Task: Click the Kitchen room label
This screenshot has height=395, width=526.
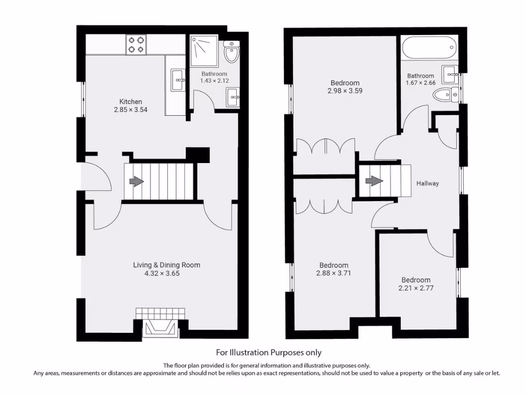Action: (130, 101)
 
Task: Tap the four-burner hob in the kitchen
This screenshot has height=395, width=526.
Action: (136, 45)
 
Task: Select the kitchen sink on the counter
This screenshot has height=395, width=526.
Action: (178, 80)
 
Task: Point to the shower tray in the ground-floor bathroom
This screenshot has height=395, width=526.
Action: (204, 50)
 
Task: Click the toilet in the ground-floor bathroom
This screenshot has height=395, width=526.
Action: (232, 52)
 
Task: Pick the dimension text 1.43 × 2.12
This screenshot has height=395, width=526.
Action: (214, 81)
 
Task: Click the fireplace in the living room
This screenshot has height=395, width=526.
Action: (160, 328)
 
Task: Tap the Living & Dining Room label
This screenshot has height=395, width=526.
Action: (167, 265)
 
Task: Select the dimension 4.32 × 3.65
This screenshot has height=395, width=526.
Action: (162, 274)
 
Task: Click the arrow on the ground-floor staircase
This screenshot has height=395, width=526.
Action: (137, 182)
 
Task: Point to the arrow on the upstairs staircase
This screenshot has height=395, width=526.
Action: (374, 181)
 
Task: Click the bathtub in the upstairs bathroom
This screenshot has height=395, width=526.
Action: (429, 47)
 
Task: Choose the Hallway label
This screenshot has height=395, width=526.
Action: (428, 184)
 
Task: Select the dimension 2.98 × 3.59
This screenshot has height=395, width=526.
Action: (345, 91)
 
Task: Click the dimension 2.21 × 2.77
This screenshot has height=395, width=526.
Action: (416, 288)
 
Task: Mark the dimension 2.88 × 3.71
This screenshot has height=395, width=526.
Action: (333, 274)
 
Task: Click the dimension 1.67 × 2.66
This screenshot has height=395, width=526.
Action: (421, 83)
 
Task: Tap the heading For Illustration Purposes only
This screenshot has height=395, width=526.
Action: (269, 353)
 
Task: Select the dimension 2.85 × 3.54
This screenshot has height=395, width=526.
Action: (130, 110)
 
